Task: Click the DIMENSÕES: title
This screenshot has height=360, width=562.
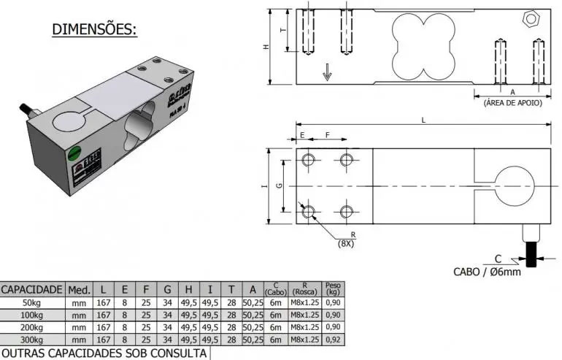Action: pos(94,30)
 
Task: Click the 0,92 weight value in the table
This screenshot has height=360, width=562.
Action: pos(332,340)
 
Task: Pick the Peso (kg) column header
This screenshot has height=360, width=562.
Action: pos(332,288)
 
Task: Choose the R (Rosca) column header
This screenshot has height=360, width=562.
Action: pos(305,288)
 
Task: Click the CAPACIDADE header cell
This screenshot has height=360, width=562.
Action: pos(33,289)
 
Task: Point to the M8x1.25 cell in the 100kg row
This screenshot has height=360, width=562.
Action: pos(305,315)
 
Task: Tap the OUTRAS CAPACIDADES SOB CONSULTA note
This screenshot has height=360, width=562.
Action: pos(104,353)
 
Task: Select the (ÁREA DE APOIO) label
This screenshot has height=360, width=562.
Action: pos(512,103)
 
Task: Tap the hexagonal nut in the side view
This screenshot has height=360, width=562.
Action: pos(531,18)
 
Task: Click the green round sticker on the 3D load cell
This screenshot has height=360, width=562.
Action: pos(74,154)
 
